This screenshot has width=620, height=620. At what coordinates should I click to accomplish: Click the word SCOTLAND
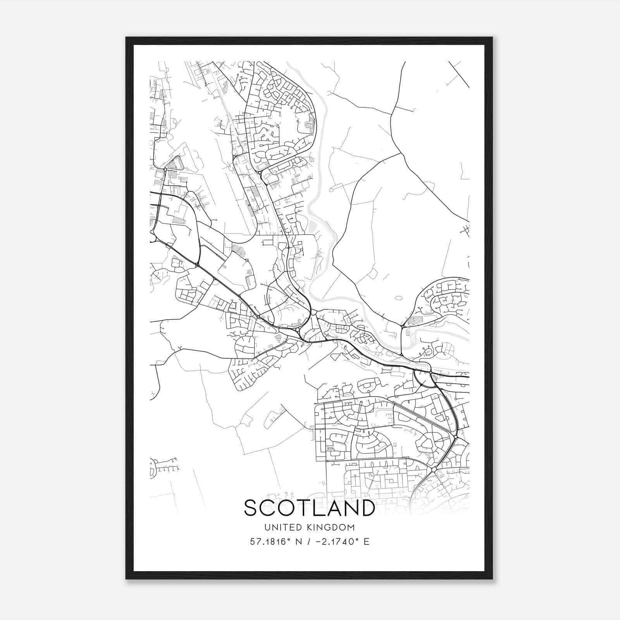[309, 508]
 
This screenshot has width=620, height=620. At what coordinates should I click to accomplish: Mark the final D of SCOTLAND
[367, 508]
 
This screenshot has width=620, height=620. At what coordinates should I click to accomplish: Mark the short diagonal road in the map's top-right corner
[459, 74]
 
